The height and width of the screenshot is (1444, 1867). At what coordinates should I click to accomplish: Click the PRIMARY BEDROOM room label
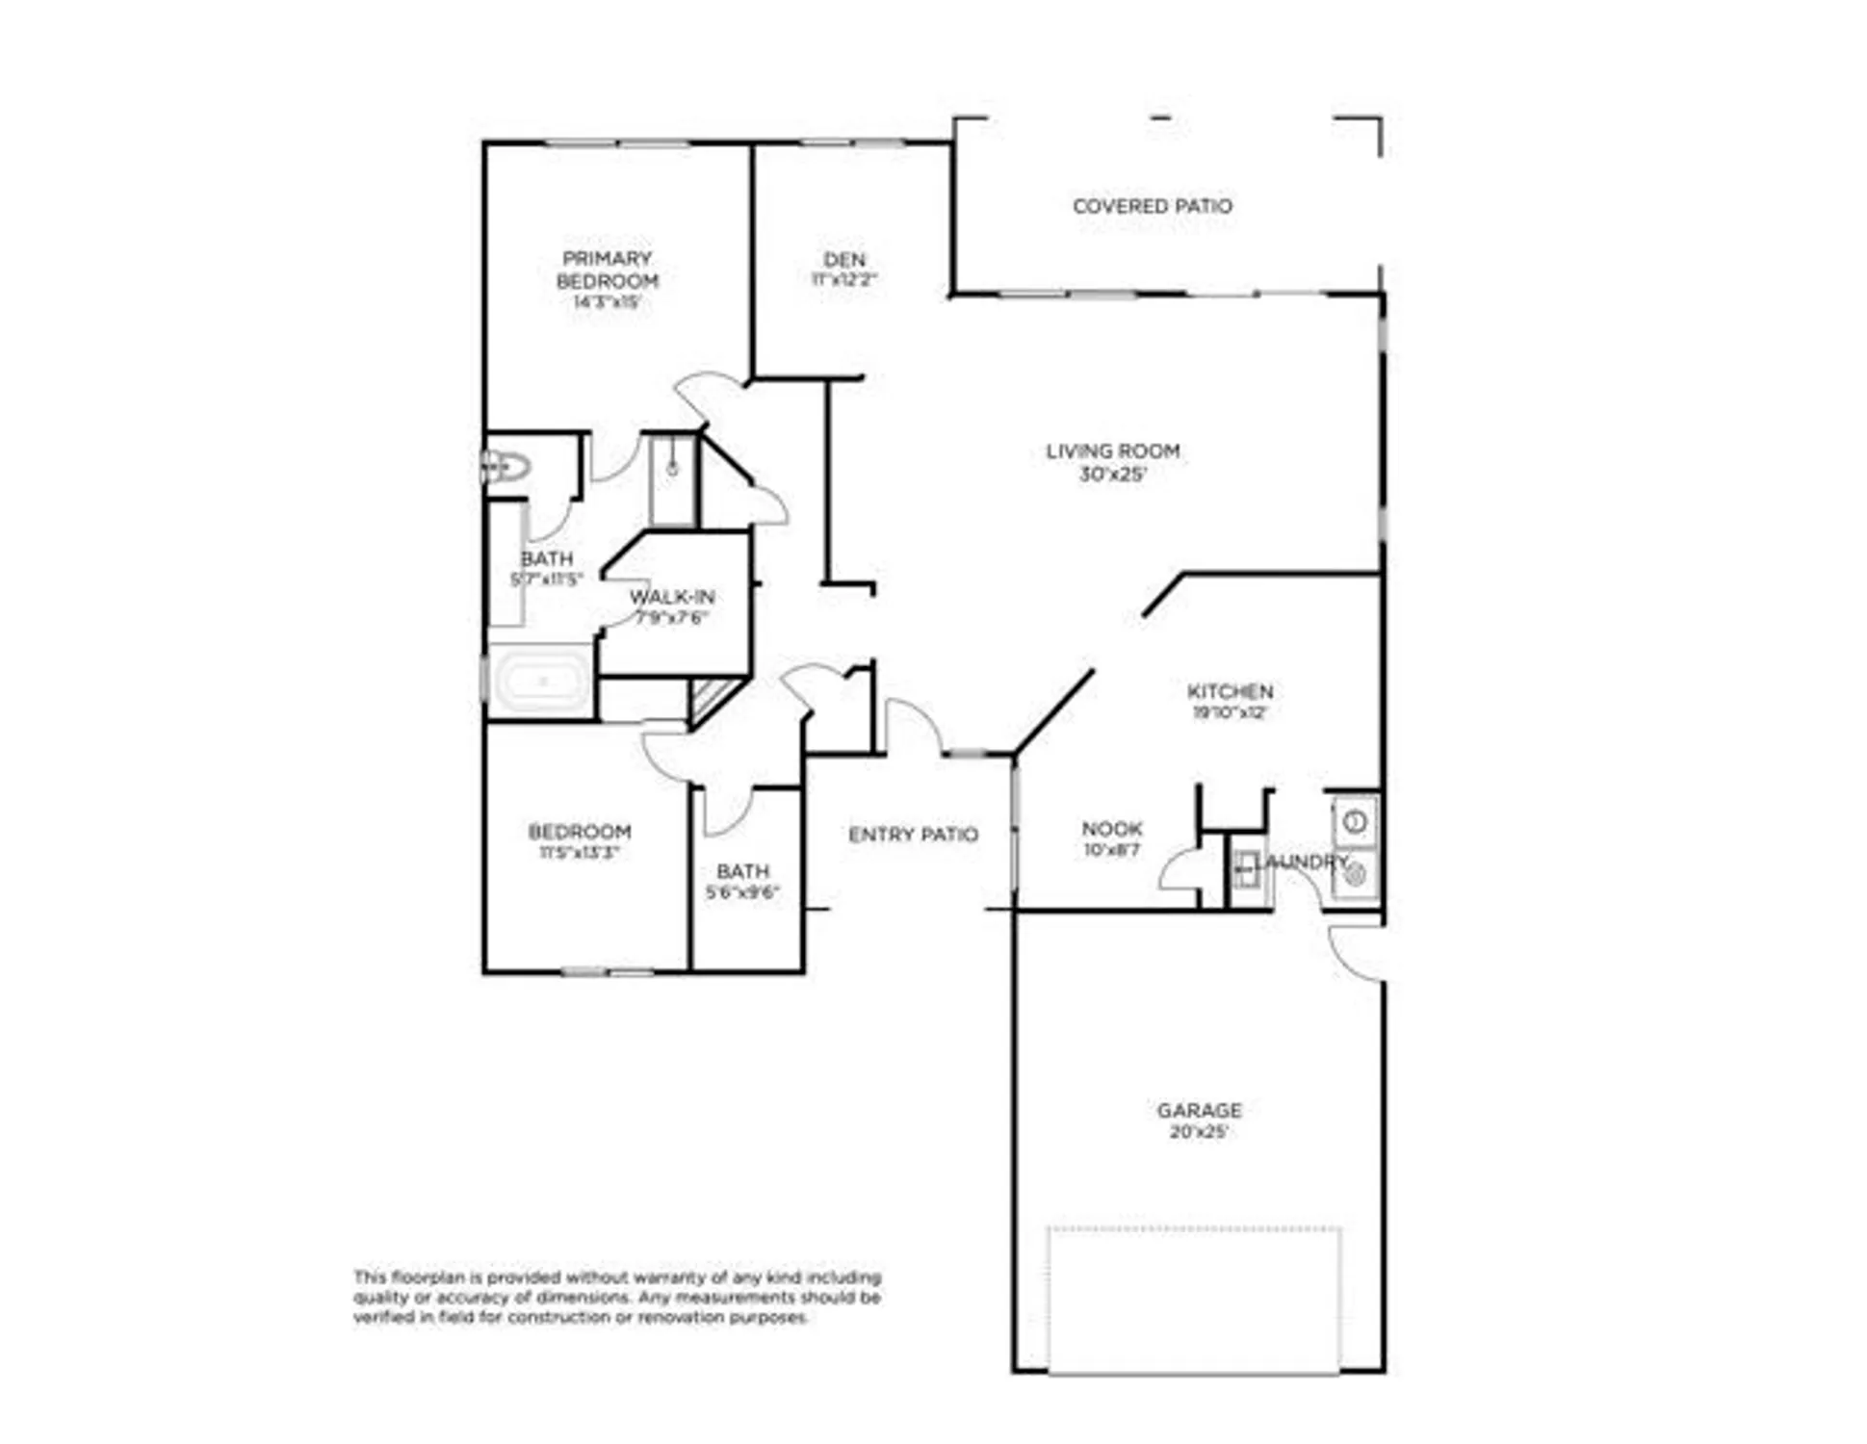pos(607,270)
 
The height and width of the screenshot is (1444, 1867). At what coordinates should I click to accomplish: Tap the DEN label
pos(844,259)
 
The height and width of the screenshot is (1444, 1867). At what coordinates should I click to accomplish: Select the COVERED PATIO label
pos(1152,206)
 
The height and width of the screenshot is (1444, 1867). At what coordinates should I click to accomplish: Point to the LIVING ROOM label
pos(1112,451)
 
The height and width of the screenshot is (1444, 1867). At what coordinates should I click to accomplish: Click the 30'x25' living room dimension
pos(1112,475)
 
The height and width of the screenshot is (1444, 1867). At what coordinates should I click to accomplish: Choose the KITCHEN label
pos(1230,691)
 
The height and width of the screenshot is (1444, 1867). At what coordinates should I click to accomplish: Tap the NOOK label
pos(1112,828)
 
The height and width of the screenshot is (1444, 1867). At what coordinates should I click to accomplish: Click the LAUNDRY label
pos(1302,862)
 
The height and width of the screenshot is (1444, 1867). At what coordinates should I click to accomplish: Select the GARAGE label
pos(1199,1110)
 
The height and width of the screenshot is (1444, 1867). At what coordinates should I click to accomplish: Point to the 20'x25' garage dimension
pos(1199,1132)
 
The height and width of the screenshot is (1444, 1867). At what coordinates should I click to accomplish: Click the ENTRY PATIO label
pos(913,835)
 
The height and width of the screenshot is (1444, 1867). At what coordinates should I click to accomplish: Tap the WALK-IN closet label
pos(672,597)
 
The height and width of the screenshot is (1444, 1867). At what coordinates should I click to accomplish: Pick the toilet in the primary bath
pos(507,468)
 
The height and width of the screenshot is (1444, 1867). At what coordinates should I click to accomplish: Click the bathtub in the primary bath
pos(542,681)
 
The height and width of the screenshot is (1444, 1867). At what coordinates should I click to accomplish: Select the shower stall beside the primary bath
pos(673,479)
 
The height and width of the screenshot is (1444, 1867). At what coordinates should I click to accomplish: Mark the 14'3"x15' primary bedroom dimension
pos(607,302)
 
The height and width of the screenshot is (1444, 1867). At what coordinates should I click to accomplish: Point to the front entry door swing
pos(912,724)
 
